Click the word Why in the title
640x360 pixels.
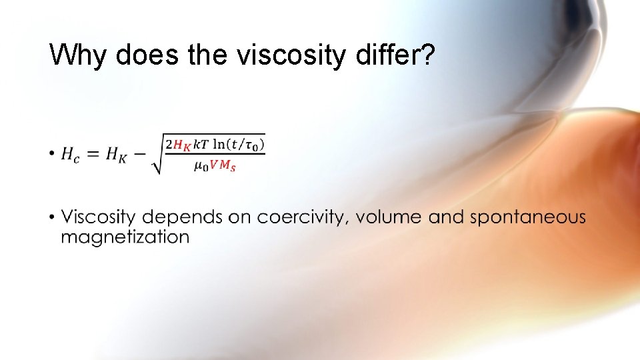(x=79, y=55)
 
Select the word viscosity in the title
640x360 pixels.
(x=290, y=55)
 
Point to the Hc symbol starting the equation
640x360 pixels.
(x=69, y=155)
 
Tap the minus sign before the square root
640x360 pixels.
(x=141, y=155)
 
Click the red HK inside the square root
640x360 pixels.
(x=181, y=145)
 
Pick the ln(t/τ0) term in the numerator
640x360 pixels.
(x=239, y=144)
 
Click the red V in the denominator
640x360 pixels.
(x=215, y=166)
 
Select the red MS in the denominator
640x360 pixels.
(x=228, y=167)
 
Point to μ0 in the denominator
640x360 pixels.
(x=201, y=167)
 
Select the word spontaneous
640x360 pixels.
(x=528, y=218)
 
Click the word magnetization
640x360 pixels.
(x=125, y=237)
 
